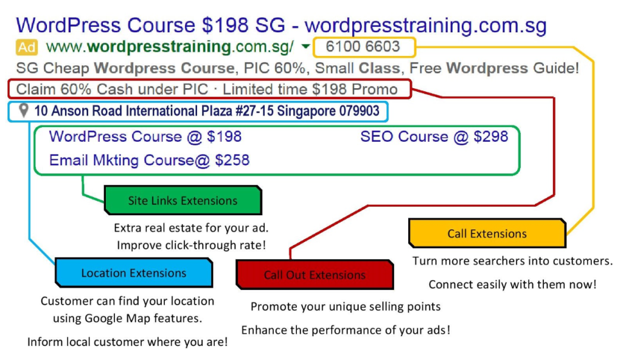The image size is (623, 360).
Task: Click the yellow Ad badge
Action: [27, 47]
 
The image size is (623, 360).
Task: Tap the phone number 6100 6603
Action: [363, 46]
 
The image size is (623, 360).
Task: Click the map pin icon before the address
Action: [24, 111]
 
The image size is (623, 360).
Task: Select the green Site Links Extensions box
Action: [183, 200]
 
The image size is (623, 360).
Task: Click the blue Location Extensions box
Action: [134, 272]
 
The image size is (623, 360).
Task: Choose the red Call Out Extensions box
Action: [315, 275]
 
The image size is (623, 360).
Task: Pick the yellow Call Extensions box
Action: [487, 233]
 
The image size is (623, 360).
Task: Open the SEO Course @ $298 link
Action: [434, 137]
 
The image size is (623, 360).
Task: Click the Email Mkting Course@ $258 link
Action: [150, 160]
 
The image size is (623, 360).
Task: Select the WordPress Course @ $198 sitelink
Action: [145, 137]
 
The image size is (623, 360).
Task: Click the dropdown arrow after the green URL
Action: [305, 46]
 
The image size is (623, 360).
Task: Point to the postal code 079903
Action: [359, 111]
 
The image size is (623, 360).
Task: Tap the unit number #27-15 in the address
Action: [254, 111]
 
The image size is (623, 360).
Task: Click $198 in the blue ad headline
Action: [225, 25]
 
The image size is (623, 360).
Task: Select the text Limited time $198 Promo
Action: [310, 89]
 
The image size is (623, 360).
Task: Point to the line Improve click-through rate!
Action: [191, 245]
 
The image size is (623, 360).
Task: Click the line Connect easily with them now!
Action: [512, 285]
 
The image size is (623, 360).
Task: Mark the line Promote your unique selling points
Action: [346, 306]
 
